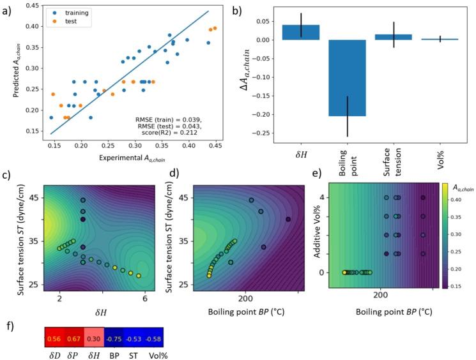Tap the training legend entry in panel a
70,11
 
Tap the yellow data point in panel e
344,272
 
